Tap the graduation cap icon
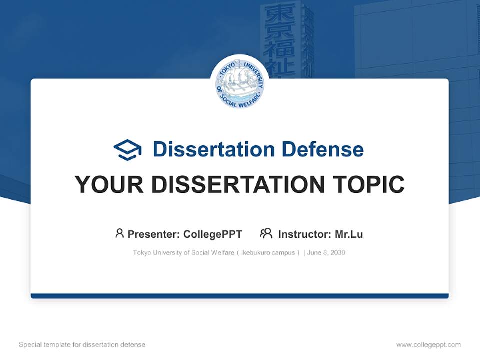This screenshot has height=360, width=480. coord(127,150)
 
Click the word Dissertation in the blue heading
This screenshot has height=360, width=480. coord(213,149)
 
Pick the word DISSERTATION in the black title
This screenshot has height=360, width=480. coord(238,184)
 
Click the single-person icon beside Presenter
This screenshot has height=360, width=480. coord(119,233)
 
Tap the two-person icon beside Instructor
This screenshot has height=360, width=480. coord(266,233)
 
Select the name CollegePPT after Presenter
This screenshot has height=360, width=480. coord(213,234)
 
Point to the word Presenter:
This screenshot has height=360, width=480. coord(154,234)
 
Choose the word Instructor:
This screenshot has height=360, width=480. coord(304,234)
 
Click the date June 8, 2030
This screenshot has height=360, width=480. coord(326,253)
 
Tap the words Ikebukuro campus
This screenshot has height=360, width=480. coord(268,253)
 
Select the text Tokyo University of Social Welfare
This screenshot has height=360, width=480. coord(183,253)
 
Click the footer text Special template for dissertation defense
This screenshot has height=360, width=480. coord(82,345)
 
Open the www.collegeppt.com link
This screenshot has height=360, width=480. coord(428,345)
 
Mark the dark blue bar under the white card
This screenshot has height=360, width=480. coord(240,296)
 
